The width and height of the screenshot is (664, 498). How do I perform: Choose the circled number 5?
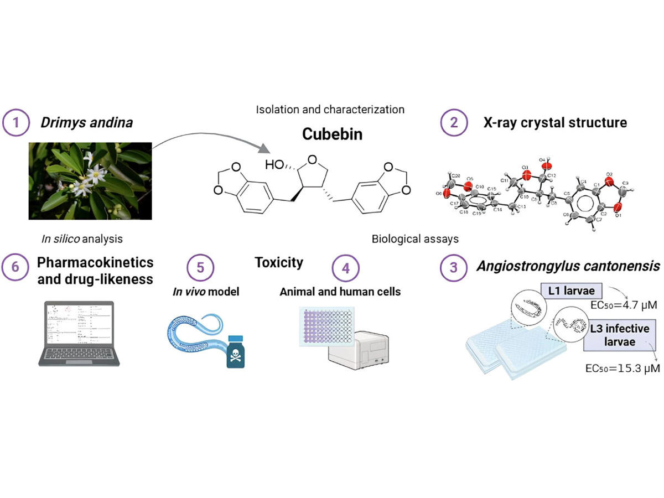(200, 267)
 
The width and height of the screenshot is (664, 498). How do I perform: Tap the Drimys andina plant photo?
(90, 181)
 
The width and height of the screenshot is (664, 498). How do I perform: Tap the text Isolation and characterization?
(330, 109)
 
